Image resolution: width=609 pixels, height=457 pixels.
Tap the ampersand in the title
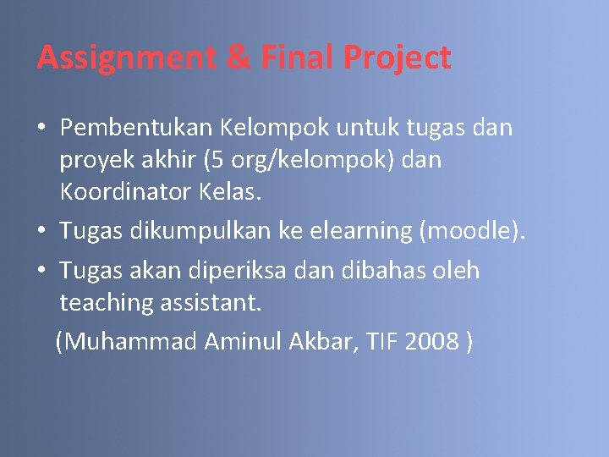237,58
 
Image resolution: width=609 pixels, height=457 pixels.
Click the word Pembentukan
136,128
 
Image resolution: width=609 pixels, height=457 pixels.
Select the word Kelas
230,191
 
